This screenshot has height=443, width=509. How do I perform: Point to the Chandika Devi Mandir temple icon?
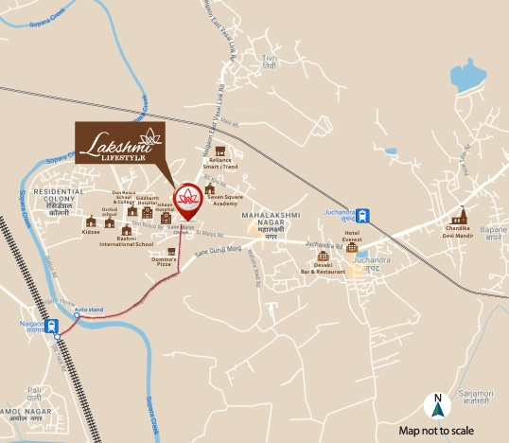pyautogui.click(x=463, y=215)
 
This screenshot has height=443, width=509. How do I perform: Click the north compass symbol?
pyautogui.click(x=437, y=405)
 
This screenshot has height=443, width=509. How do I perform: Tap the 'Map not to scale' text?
pyautogui.click(x=443, y=430)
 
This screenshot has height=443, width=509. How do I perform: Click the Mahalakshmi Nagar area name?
pyautogui.click(x=271, y=221)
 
